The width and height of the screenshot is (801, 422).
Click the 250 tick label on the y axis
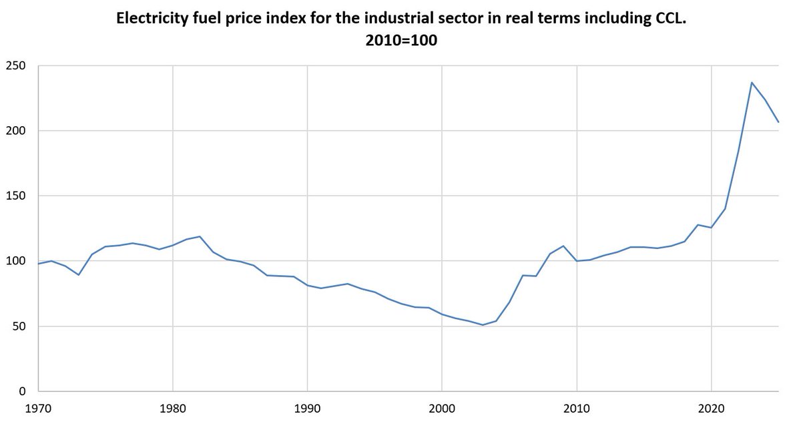pos(16,66)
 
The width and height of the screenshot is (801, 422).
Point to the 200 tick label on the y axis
pos(16,131)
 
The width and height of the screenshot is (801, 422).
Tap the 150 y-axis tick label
pos(16,196)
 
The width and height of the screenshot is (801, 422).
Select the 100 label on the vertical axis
pos(16,260)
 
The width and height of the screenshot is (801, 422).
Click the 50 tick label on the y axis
pos(19,326)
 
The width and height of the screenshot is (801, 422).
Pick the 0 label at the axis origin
pos(23,391)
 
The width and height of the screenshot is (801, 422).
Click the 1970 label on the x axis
pos(38,409)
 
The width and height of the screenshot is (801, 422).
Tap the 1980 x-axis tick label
pos(173,409)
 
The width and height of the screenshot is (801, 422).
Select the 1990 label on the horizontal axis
pos(307,409)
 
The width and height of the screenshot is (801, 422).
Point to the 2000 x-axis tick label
pos(442,409)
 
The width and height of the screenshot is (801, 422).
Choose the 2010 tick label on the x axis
pos(577,409)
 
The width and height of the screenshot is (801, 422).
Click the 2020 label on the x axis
pos(712,409)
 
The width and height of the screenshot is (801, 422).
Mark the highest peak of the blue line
pos(752,83)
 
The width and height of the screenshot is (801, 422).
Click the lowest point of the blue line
pos(483,325)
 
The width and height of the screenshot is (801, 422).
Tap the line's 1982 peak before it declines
pos(200,236)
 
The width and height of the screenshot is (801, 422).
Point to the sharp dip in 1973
pos(79,274)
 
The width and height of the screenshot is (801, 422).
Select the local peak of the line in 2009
pos(563,246)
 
